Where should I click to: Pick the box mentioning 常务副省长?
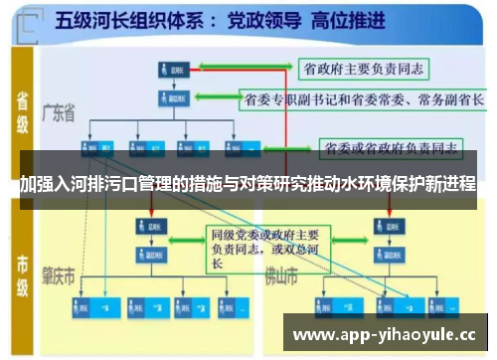364,100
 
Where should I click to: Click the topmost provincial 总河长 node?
174,70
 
